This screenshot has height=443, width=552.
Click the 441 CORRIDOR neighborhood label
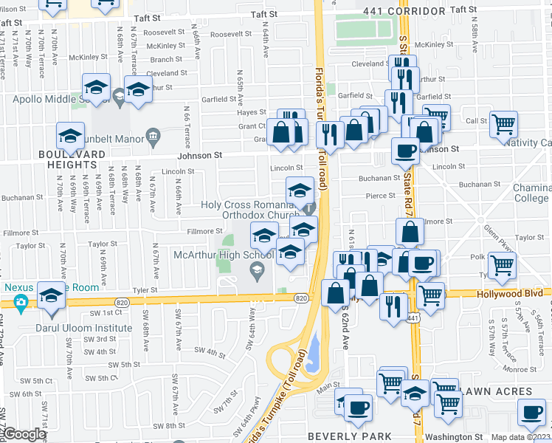tap(405, 12)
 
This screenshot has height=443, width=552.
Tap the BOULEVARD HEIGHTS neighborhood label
tap(72, 159)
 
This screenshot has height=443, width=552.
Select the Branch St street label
tap(166, 60)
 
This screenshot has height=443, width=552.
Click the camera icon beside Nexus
tap(20, 301)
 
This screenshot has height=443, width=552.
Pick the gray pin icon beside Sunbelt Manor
tap(153, 135)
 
